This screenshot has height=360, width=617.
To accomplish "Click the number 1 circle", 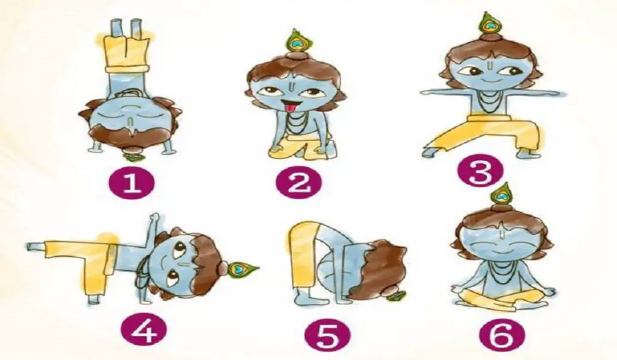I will point(131,183).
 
